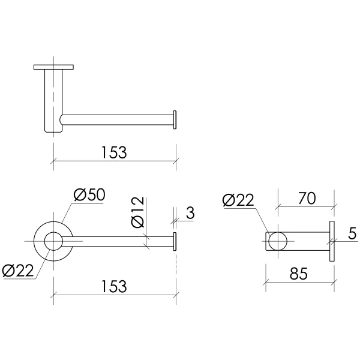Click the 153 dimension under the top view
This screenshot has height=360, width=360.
114,152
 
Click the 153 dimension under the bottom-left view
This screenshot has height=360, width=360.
114,286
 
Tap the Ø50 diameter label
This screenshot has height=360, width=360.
89,194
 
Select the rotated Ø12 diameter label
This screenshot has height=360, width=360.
138,212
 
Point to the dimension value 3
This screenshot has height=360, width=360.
190,213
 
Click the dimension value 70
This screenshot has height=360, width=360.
307,199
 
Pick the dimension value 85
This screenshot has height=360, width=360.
298,274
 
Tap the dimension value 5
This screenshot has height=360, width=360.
352,233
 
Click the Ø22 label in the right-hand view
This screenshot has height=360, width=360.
238,200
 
